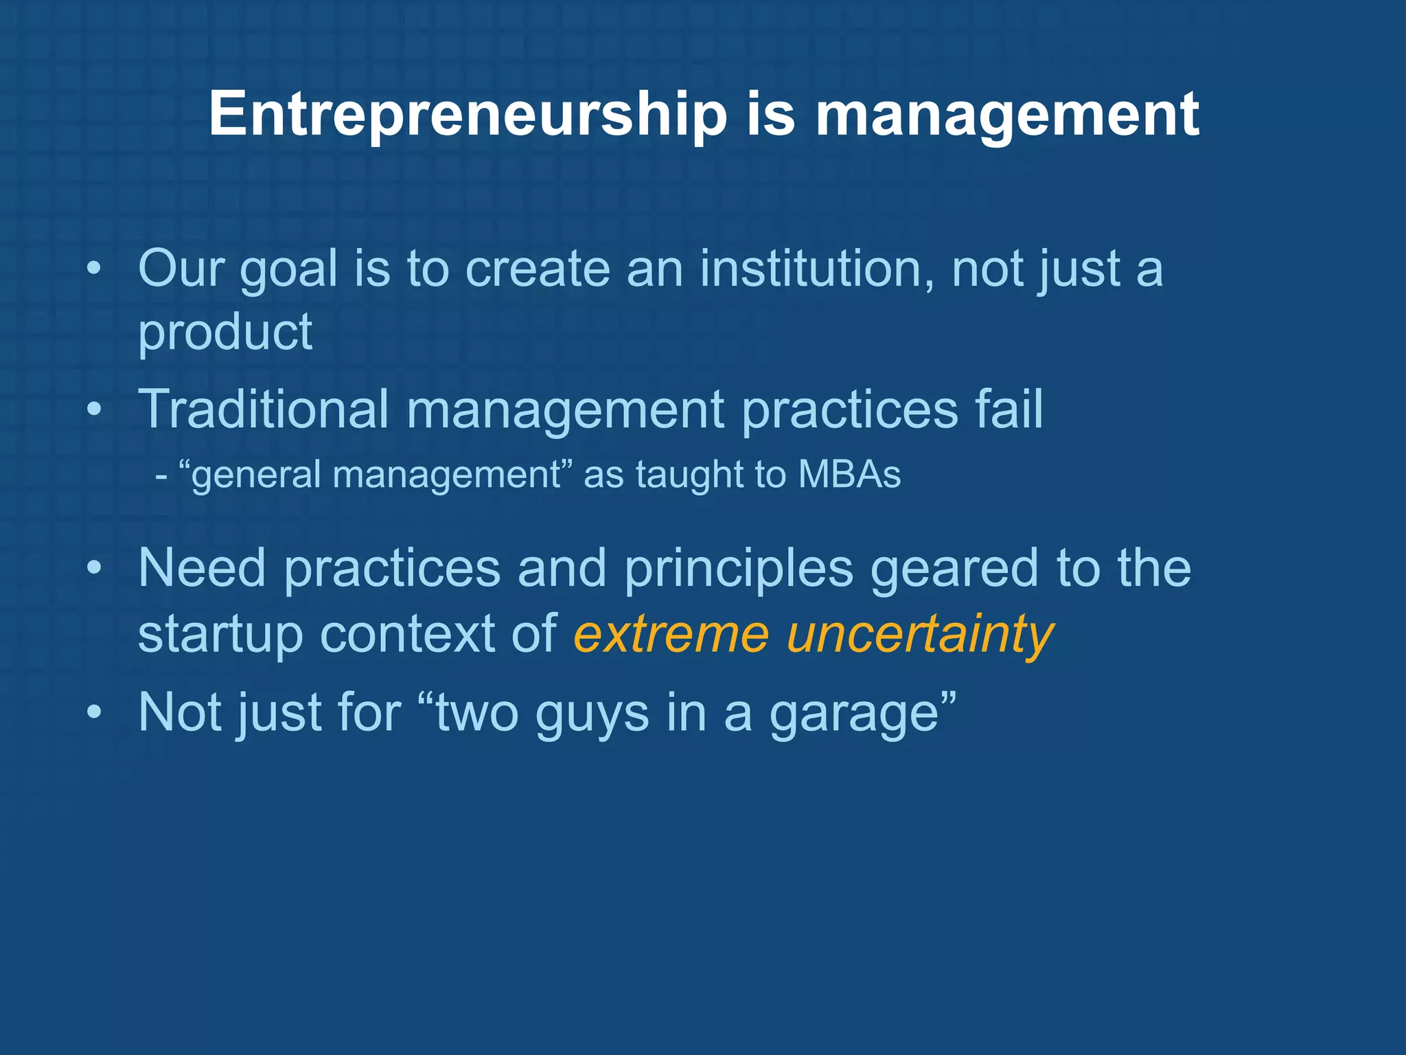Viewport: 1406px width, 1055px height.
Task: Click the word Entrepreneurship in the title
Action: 468,115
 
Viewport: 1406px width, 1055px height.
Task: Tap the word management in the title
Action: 1007,115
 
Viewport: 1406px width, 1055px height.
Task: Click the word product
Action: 225,333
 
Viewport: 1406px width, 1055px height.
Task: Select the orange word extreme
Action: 671,634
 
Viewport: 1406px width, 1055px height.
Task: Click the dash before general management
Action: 162,475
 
